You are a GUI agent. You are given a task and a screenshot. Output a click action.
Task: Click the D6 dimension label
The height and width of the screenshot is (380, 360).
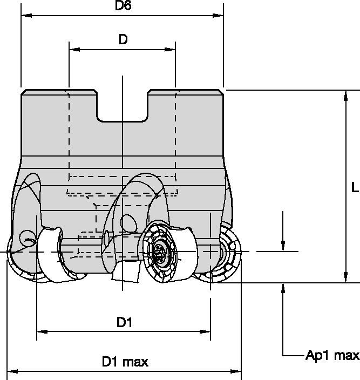click(x=124, y=6)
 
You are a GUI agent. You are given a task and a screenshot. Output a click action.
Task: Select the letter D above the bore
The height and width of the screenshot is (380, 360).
click(x=123, y=40)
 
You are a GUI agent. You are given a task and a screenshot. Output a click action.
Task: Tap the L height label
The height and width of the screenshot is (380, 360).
click(x=354, y=187)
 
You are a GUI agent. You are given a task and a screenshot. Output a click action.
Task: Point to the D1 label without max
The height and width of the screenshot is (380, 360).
click(x=124, y=323)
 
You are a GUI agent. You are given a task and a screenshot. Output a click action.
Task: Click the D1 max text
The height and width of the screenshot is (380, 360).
click(x=125, y=362)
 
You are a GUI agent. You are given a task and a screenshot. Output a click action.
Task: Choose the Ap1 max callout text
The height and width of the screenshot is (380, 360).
click(x=332, y=355)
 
